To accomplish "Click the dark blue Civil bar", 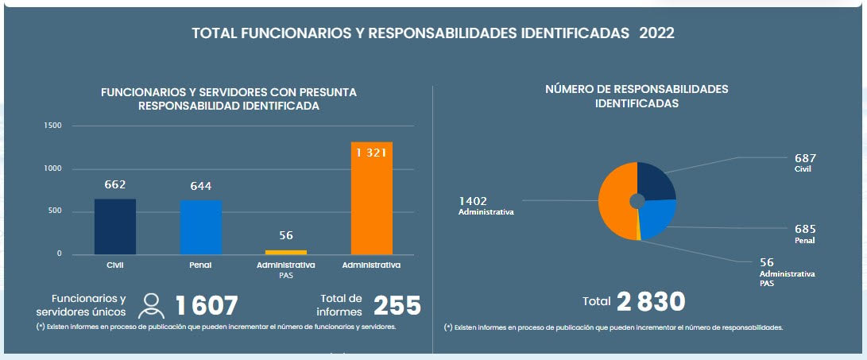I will click(115, 226).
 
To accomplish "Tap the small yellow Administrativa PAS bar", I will click(285, 252).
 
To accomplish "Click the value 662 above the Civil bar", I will click(115, 185).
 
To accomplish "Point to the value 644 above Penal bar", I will click(200, 186).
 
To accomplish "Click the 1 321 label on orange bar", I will click(371, 153).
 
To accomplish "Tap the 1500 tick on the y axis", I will click(52, 126).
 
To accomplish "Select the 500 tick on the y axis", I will click(55, 211).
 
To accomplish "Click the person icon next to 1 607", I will click(151, 305).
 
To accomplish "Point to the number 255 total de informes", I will click(397, 306).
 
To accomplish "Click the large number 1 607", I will click(207, 306).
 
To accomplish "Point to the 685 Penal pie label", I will click(805, 232).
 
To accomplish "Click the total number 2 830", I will click(650, 301).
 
